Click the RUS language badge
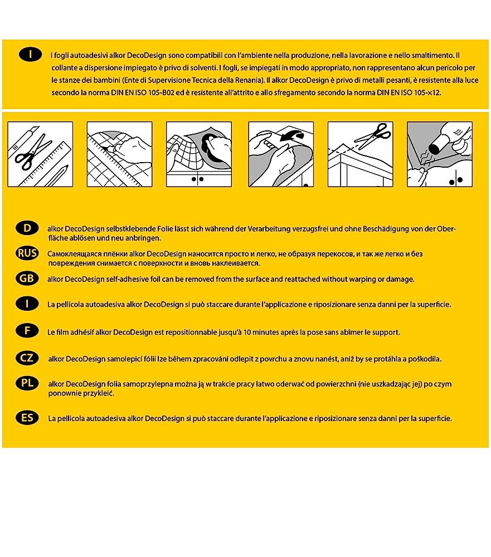point(27,253)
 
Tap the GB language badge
point(27,278)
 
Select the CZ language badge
point(27,359)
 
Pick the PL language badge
point(27,384)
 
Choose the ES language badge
point(27,418)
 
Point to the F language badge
point(27,330)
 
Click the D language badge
point(27,228)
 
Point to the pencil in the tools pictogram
point(56,175)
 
